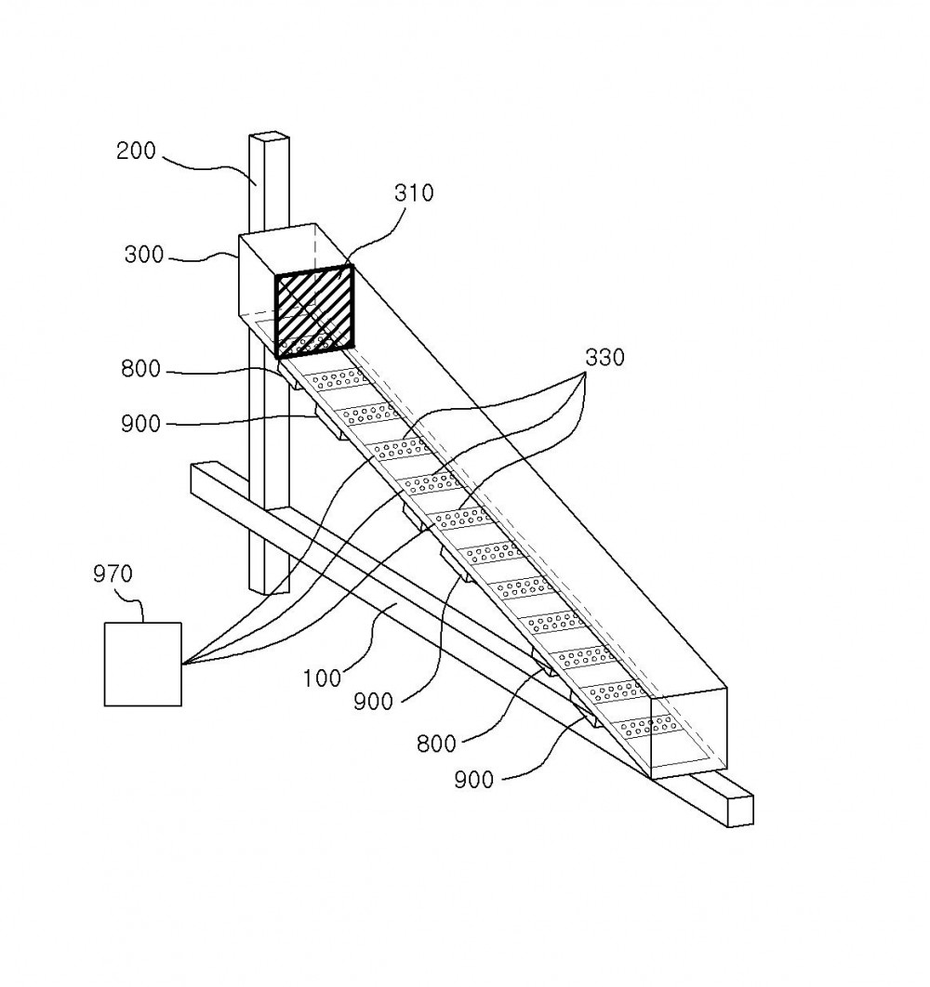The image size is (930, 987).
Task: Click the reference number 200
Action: point(136,151)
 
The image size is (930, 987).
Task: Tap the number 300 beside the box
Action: point(143,255)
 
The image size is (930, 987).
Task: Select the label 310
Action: point(414,192)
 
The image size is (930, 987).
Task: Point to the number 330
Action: point(604,358)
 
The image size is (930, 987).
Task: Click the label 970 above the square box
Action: point(113,574)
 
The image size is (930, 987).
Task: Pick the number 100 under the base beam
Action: point(322,678)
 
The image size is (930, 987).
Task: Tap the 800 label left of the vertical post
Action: point(140,369)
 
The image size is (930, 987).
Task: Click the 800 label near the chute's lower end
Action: point(436,744)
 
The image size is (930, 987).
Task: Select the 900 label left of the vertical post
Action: point(140,424)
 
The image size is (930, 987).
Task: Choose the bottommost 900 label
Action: point(473,781)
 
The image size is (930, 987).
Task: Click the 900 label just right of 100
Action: point(373,702)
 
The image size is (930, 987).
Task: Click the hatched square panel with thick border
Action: point(313,311)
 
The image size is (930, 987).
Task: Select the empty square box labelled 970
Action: point(142,665)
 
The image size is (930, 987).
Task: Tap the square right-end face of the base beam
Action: point(740,810)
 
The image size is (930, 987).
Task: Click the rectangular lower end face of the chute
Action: point(689,733)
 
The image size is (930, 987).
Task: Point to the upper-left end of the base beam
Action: point(192,467)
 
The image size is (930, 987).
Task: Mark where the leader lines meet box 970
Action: point(182,664)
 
